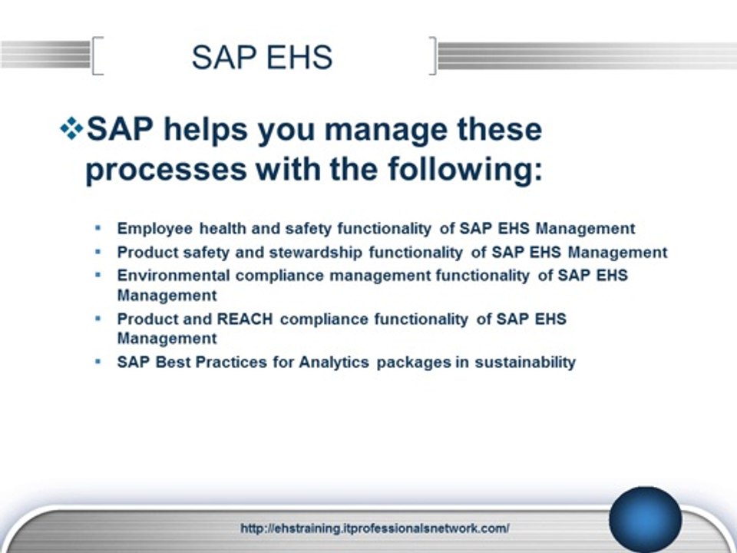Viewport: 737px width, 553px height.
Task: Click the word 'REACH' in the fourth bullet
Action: pyautogui.click(x=245, y=318)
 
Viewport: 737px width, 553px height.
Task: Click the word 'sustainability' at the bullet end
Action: pyautogui.click(x=525, y=362)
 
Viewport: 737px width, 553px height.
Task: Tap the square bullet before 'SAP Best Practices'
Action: pyautogui.click(x=97, y=361)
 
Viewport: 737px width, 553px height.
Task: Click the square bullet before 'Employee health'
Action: pyautogui.click(x=97, y=228)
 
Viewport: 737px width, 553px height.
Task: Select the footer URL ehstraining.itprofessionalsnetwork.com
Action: pyautogui.click(x=375, y=528)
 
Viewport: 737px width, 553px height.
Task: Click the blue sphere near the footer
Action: pyautogui.click(x=645, y=519)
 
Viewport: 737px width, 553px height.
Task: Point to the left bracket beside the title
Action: pyautogui.click(x=97, y=57)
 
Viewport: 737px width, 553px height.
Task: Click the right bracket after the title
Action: pyautogui.click(x=434, y=57)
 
